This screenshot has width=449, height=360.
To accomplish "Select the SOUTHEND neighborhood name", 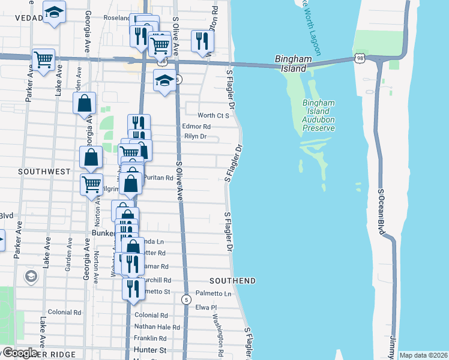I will [232, 281].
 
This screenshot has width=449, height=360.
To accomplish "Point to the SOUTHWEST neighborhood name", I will [44, 172].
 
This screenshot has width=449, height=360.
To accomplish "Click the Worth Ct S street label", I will [214, 115].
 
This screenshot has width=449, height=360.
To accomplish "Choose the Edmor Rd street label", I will [196, 127].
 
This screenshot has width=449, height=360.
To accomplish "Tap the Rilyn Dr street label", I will [195, 137].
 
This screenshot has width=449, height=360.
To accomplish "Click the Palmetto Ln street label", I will [214, 294].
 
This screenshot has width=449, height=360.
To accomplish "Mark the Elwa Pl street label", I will [206, 307].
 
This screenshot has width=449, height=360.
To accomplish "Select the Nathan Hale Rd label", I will [157, 327].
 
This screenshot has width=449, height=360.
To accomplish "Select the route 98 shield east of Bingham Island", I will [358, 58].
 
